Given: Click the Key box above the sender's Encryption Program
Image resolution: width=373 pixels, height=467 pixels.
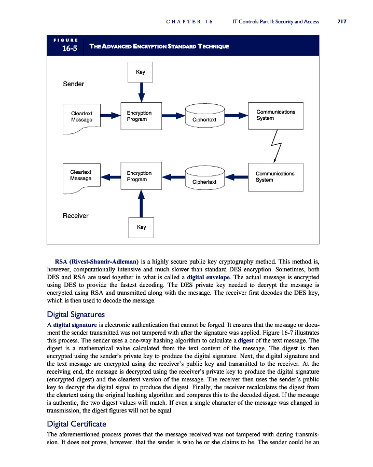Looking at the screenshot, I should pos(141,72).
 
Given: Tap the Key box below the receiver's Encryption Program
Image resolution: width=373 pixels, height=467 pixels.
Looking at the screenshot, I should pos(141,227).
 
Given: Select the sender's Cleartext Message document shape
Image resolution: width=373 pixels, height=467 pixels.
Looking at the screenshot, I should pos(82,117).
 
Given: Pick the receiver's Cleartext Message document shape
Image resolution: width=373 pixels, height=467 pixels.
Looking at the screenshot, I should pos(81,177).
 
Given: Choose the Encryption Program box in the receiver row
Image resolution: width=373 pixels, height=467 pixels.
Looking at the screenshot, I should pos(140,177).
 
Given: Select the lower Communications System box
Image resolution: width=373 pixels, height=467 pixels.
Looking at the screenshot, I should pos(276,177).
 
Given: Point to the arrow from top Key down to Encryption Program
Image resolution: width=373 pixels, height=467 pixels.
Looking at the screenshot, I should pos(141,92).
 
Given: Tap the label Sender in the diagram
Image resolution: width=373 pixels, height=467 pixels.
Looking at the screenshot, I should pos(73,84).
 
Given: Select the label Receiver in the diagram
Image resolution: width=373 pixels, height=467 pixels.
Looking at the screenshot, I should pos(75,215).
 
